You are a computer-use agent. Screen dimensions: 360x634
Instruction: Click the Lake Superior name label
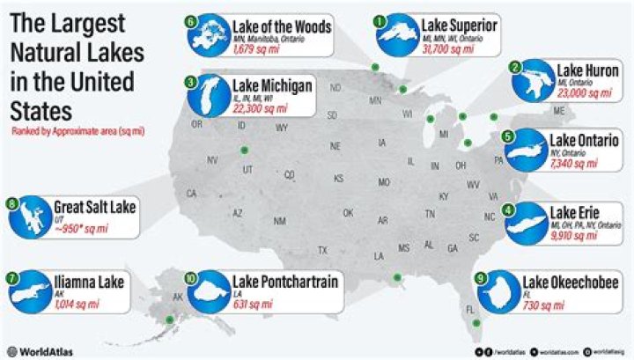pos(459,26)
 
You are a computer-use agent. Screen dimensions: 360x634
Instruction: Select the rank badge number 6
pos(190,20)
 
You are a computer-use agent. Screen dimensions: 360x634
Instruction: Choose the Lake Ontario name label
pos(585,141)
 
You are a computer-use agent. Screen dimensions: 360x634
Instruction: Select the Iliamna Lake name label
pos(88,282)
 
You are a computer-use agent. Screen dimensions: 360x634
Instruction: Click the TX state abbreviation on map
pos(322,251)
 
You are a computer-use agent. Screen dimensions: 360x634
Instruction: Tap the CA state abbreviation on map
pos(191,193)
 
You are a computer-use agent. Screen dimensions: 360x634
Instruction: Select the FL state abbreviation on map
pos(469,309)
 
